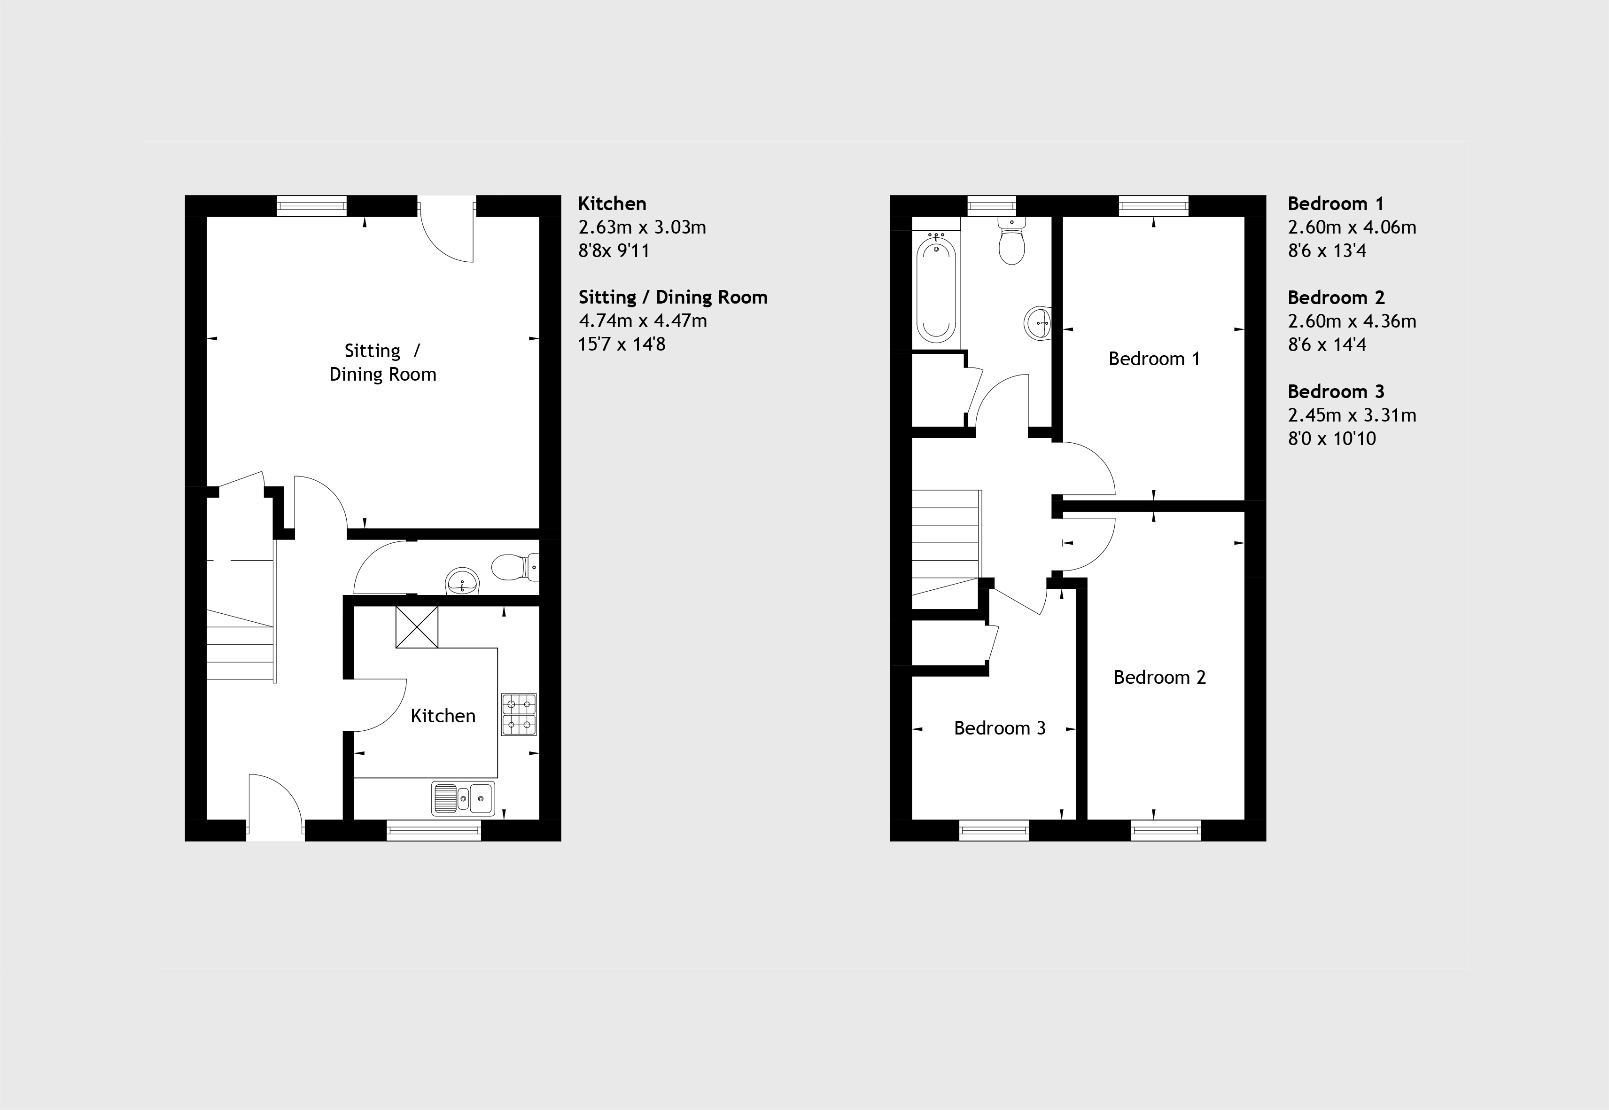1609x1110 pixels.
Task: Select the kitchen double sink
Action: tap(463, 798)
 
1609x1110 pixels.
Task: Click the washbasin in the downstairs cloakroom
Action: tap(462, 582)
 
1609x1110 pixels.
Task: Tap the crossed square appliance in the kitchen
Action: tap(417, 626)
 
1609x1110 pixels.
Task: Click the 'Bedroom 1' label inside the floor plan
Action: tap(1154, 359)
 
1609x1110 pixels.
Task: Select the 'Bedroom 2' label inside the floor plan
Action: tap(1160, 677)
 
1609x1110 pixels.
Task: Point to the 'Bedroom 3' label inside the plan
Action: tap(1000, 728)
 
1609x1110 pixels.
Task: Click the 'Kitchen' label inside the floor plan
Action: tap(443, 716)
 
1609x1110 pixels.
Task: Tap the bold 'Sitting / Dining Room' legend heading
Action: tap(673, 297)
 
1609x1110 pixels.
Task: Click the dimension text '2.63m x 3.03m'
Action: tap(643, 227)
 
